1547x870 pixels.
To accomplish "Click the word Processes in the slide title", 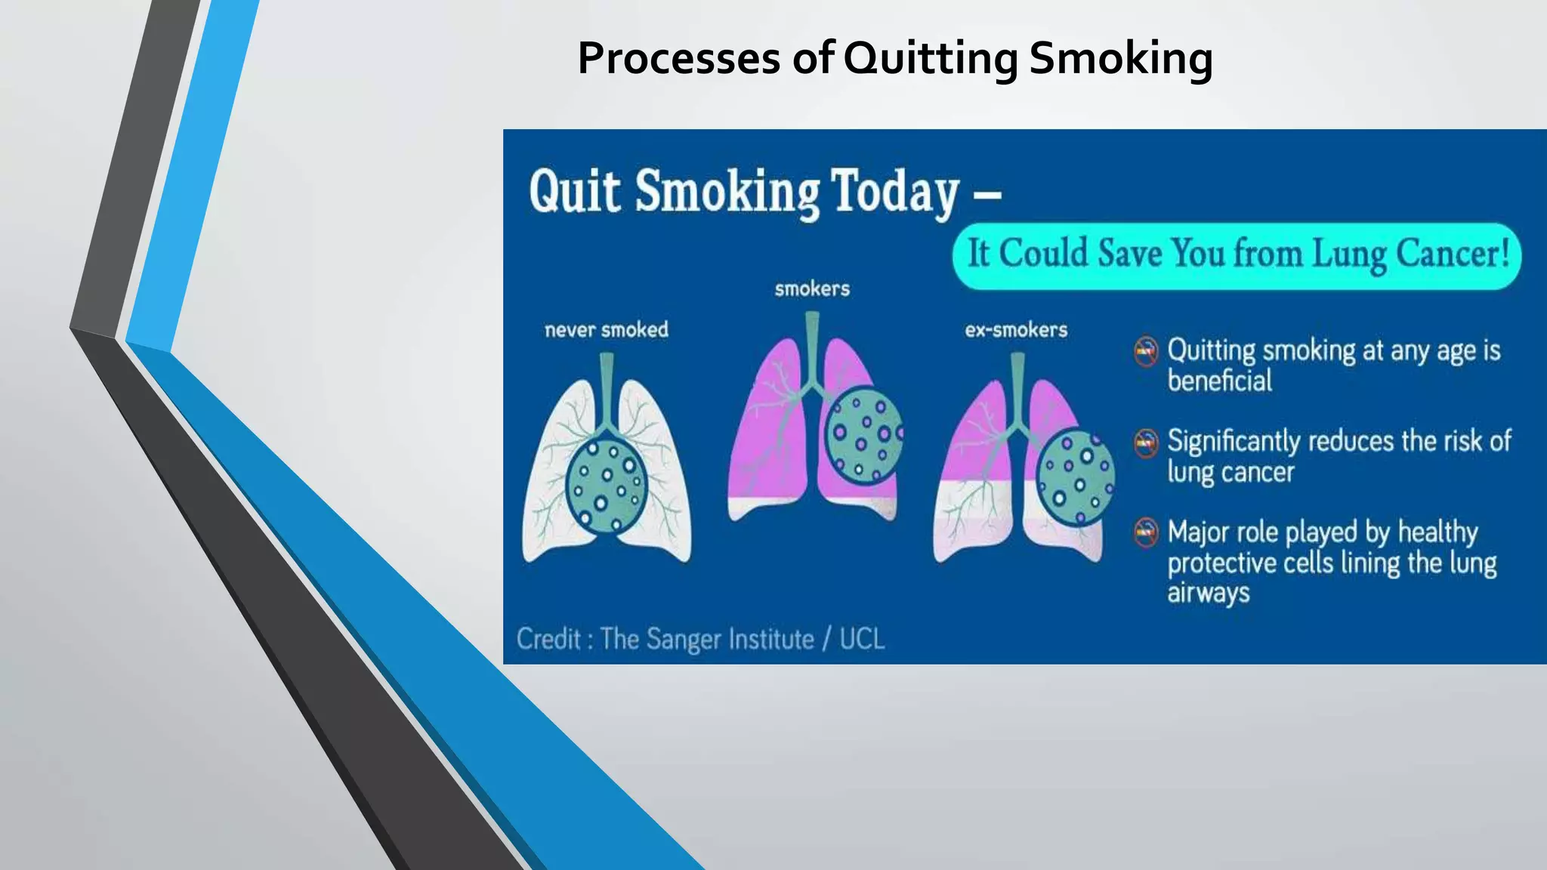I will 678,58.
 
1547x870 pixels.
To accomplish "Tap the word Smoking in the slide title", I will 1120,58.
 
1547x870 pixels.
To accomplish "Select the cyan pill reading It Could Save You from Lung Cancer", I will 1237,255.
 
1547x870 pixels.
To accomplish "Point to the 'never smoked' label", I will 607,330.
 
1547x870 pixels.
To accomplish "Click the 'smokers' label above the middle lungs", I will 812,288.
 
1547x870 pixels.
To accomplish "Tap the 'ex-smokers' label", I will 1016,330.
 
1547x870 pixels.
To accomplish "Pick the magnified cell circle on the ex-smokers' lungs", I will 1075,477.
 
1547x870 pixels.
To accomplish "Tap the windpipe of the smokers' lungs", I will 812,347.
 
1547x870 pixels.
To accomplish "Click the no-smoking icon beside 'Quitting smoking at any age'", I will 1146,351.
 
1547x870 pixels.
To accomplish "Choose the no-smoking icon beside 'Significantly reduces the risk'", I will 1146,443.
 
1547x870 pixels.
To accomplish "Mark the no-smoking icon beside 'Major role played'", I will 1146,532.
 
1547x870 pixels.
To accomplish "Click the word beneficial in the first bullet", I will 1219,381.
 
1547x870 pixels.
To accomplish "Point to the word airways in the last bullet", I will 1208,593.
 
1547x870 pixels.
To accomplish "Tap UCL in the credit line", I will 861,640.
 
